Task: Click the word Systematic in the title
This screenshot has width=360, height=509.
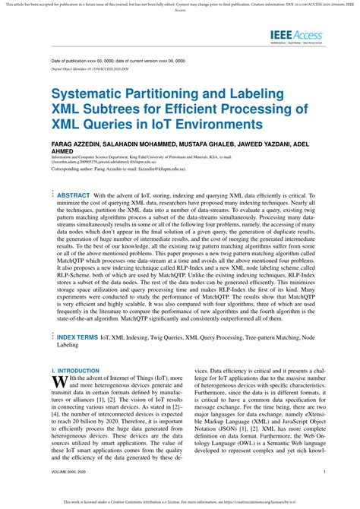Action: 92,95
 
